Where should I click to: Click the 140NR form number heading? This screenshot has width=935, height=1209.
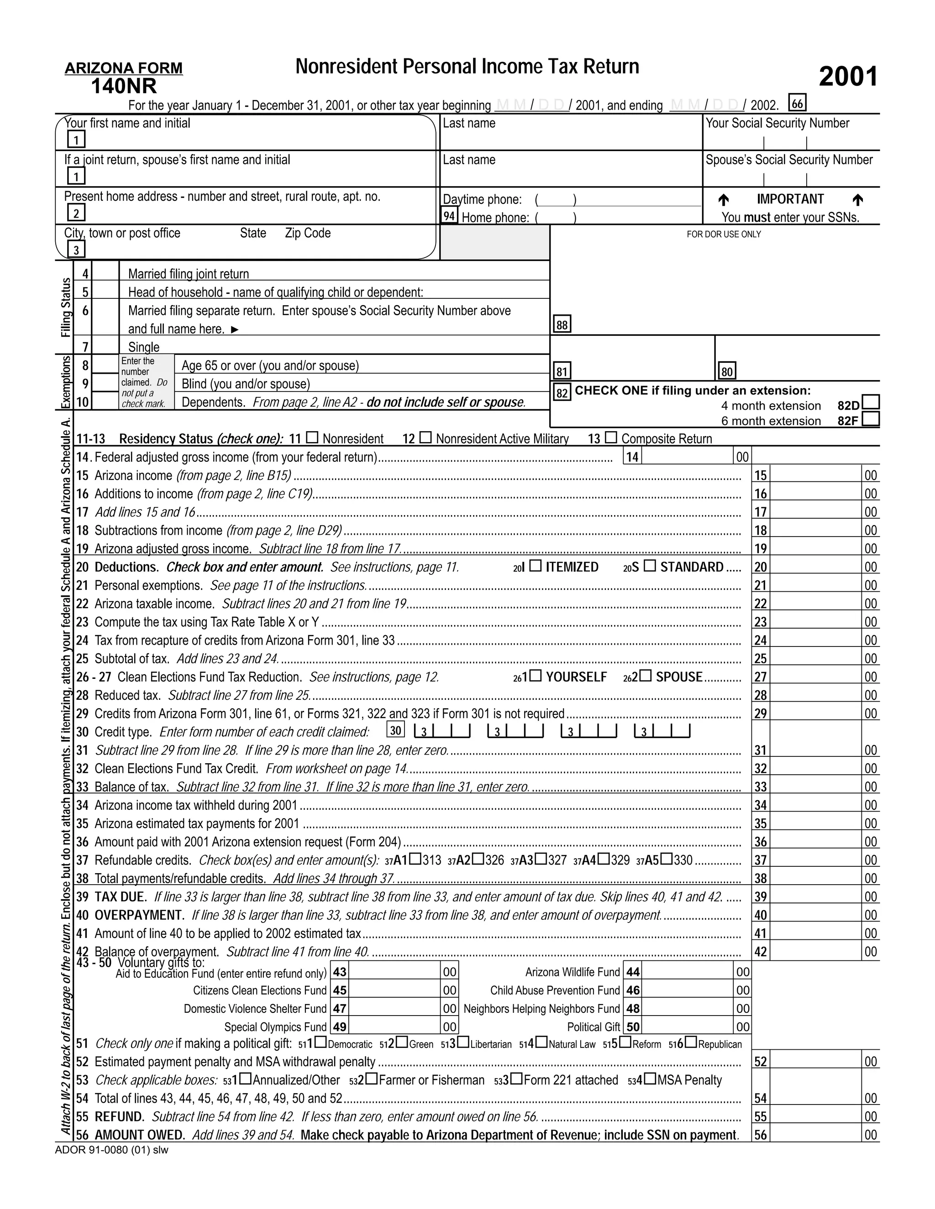pyautogui.click(x=124, y=86)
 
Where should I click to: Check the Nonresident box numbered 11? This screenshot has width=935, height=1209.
pyautogui.click(x=312, y=438)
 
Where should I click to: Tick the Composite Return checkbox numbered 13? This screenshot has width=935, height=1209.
pyautogui.click(x=610, y=438)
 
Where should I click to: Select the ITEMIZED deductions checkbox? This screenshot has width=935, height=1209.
pyautogui.click(x=536, y=566)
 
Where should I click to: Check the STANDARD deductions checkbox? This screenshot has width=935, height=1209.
pyautogui.click(x=650, y=566)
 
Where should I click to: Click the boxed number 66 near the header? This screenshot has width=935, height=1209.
pyautogui.click(x=797, y=104)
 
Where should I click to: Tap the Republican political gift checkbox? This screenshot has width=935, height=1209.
pyautogui.click(x=691, y=1042)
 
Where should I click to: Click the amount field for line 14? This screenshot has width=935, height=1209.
pyautogui.click(x=687, y=457)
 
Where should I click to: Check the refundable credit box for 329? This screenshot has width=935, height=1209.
pyautogui.click(x=604, y=859)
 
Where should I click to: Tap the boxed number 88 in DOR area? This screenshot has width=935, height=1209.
pyautogui.click(x=562, y=325)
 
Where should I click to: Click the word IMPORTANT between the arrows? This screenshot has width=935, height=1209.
pyautogui.click(x=790, y=199)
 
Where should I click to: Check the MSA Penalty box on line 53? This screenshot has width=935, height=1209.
pyautogui.click(x=650, y=1079)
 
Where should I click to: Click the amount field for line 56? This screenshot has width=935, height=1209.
pyautogui.click(x=815, y=1135)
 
